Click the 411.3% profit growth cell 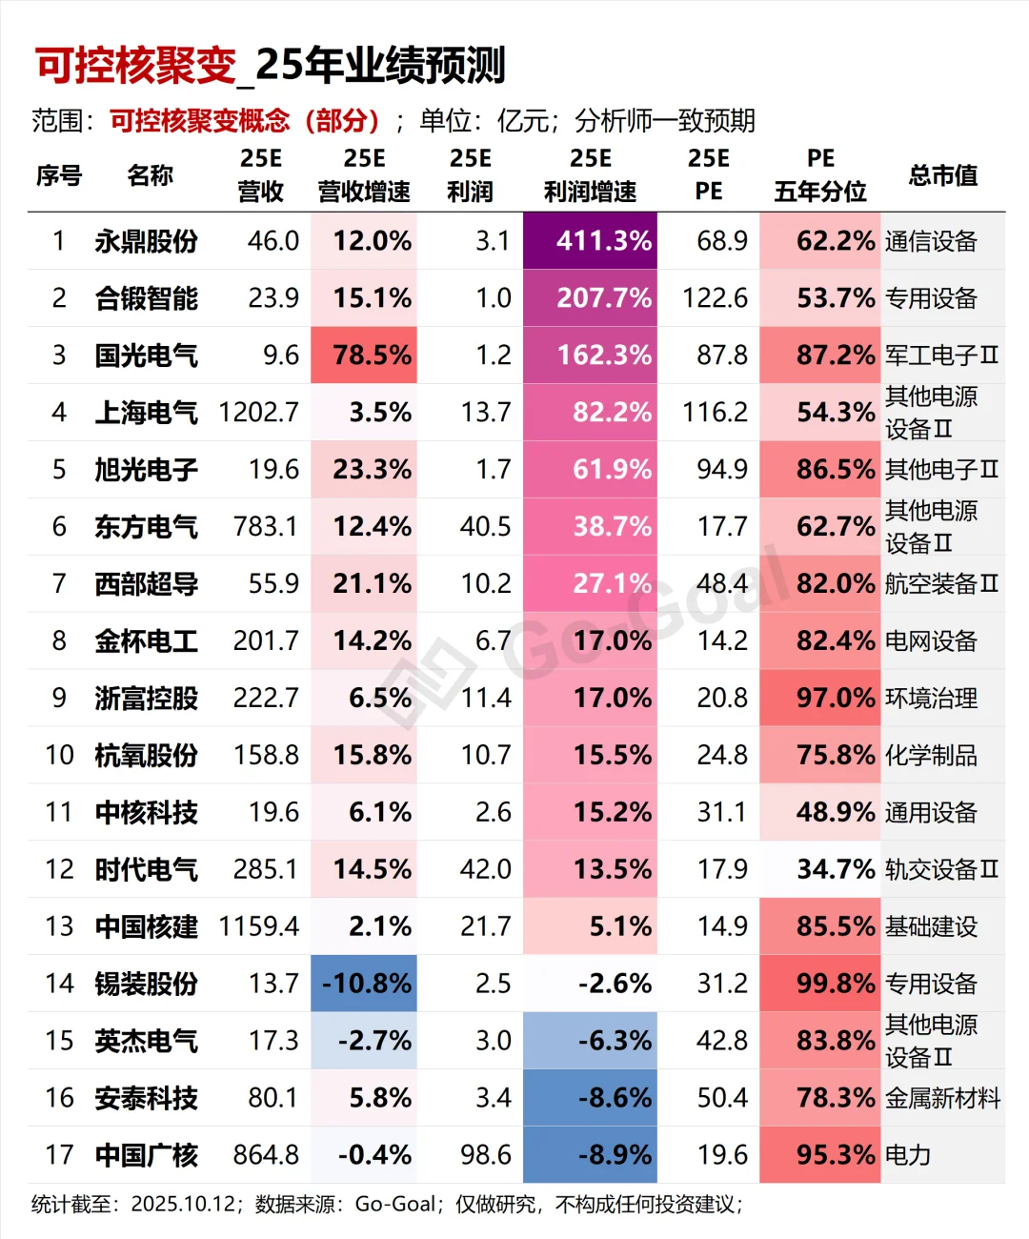click(591, 240)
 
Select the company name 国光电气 click(146, 355)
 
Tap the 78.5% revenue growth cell click(365, 355)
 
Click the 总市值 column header click(942, 175)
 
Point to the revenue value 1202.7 click(258, 413)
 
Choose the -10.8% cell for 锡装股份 click(365, 984)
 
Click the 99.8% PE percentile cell click(821, 984)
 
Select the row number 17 click(59, 1155)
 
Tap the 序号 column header click(59, 175)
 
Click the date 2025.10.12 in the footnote click(183, 1205)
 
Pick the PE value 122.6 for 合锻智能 click(715, 298)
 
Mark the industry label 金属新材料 click(942, 1098)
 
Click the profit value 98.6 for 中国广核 click(485, 1155)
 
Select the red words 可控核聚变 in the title click(135, 65)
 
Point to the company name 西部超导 click(146, 583)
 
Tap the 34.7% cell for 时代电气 click(821, 869)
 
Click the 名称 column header click(150, 175)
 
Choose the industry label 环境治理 click(931, 699)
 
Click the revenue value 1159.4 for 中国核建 click(258, 926)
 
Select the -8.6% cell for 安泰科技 click(591, 1098)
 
